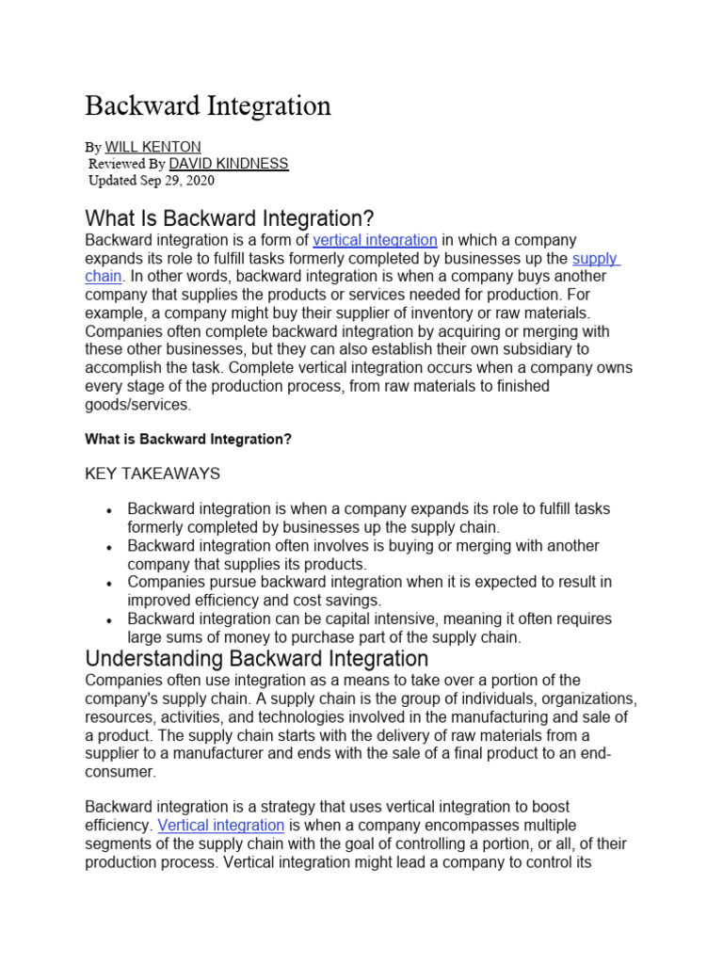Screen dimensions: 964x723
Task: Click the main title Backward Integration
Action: (208, 105)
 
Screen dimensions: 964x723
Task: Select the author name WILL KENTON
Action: (153, 147)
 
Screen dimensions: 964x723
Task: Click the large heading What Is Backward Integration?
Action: (230, 219)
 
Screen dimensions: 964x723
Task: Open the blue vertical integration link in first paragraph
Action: (375, 240)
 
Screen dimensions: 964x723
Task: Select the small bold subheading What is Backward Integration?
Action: (188, 439)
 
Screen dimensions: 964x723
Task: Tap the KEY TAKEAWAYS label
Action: (153, 473)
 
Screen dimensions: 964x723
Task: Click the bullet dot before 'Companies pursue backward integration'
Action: (110, 583)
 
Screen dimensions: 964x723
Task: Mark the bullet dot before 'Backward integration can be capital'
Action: (110, 619)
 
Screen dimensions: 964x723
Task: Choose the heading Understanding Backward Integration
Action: (256, 658)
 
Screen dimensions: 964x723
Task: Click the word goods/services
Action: (137, 405)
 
